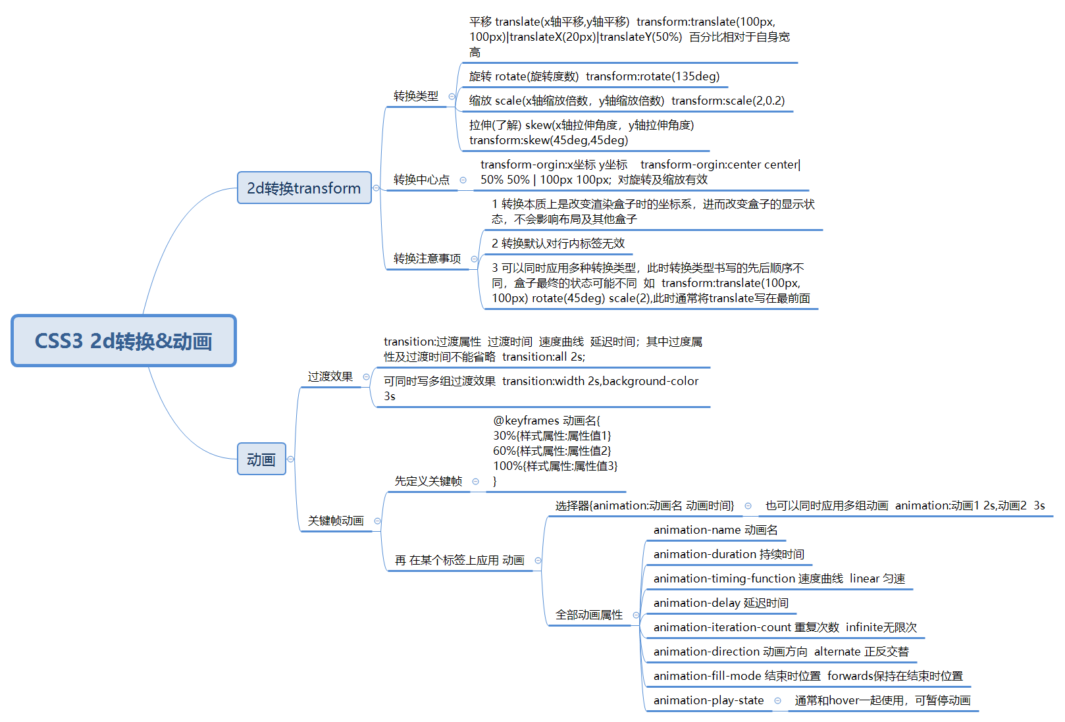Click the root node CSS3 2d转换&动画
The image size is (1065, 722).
[124, 341]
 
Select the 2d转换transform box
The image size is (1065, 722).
[304, 188]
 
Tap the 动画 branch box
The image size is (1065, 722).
[261, 459]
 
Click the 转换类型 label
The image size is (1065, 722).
[415, 96]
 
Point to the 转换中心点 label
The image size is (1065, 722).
[421, 180]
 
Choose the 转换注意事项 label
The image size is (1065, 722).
[427, 259]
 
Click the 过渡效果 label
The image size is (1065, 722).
[330, 376]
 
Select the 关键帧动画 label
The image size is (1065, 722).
[336, 521]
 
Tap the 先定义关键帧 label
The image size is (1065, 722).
[428, 481]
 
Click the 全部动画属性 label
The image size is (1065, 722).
[588, 615]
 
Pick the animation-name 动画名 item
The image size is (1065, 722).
[715, 530]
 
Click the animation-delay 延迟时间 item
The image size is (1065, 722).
[720, 603]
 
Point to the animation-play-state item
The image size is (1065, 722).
[708, 700]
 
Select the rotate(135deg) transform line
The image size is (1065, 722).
[594, 76]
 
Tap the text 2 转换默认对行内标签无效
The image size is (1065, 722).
[558, 244]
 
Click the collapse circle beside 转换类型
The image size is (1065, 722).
[452, 97]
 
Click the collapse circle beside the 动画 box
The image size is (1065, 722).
[291, 459]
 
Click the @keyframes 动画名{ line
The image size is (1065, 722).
[546, 421]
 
